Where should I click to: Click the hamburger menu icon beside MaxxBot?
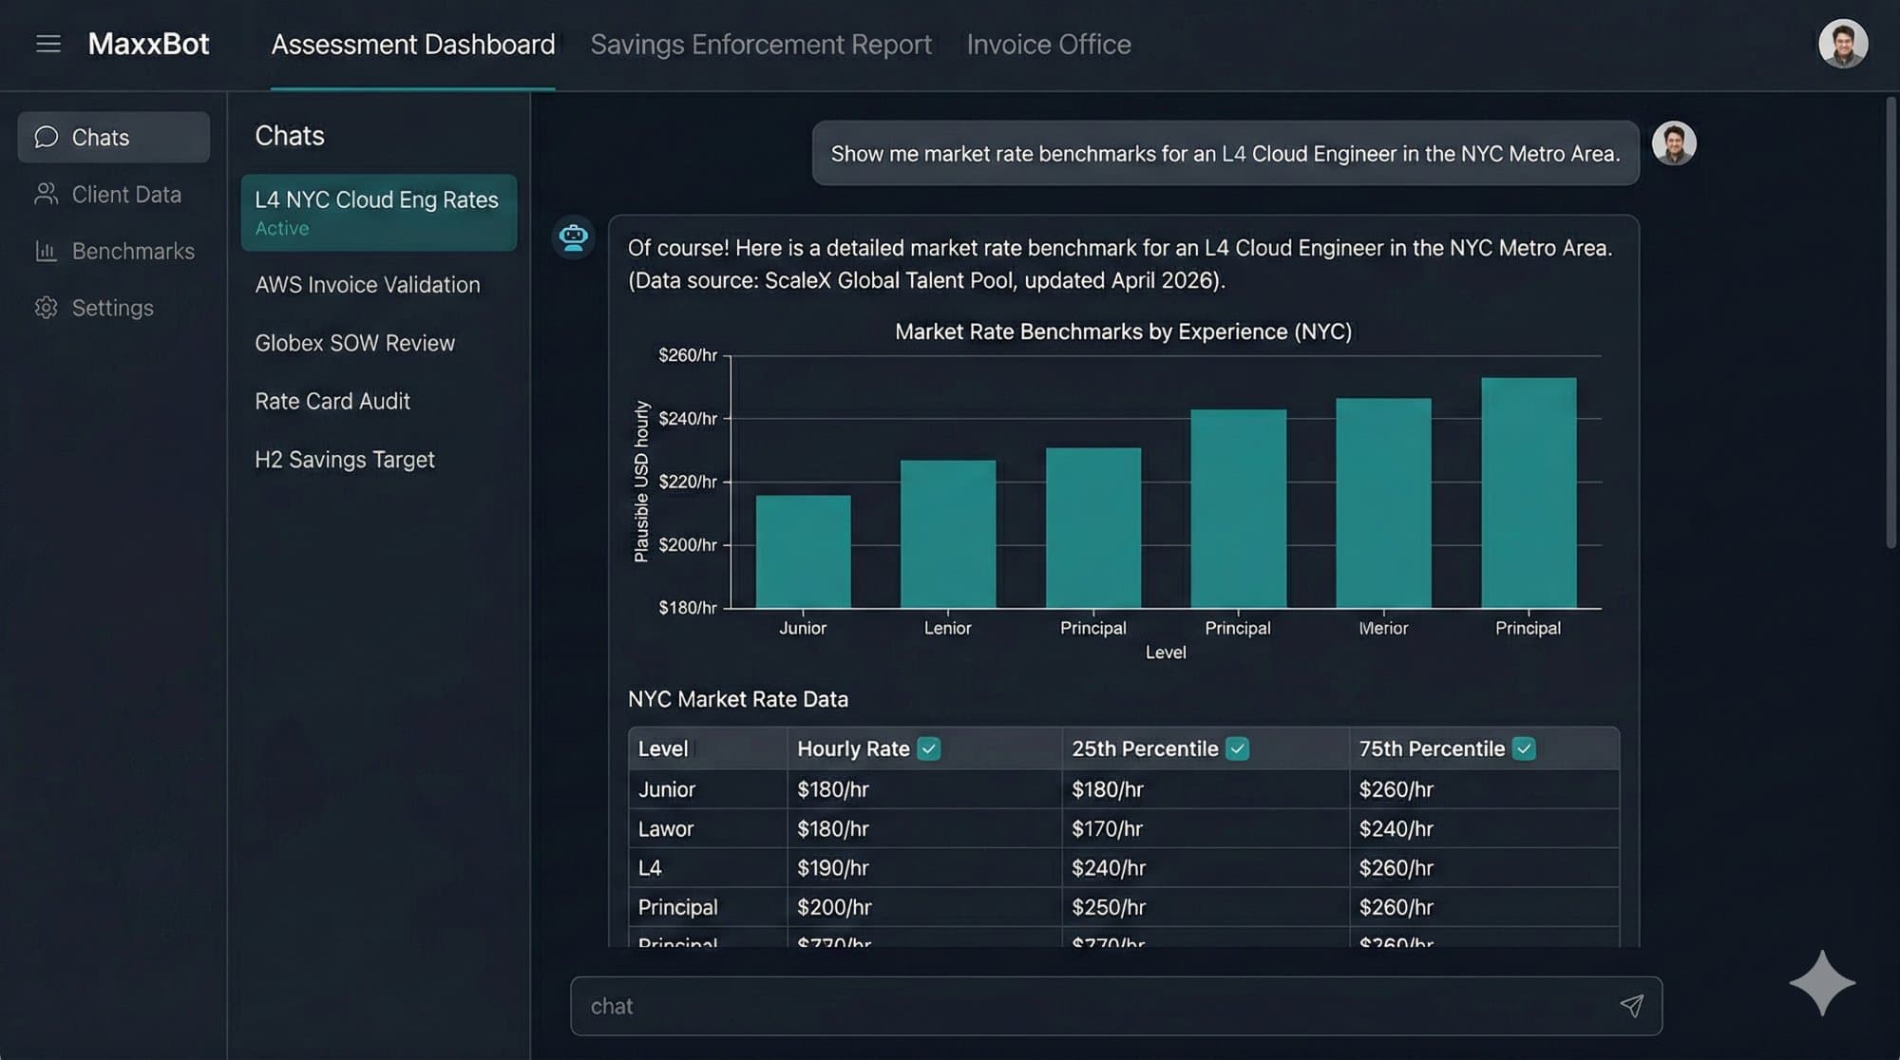(x=47, y=44)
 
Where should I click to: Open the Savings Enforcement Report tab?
(x=760, y=45)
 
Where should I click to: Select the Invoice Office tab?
(x=1048, y=45)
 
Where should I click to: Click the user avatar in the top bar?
(x=1842, y=44)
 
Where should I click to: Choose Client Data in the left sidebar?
(x=125, y=195)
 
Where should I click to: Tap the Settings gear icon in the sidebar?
(x=46, y=308)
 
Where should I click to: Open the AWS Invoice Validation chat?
(x=367, y=285)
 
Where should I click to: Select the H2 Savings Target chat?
(x=344, y=460)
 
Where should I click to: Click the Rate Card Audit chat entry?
(x=332, y=401)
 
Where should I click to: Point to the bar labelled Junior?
(x=803, y=551)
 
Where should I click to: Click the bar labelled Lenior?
(x=947, y=534)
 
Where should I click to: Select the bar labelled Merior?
(x=1382, y=503)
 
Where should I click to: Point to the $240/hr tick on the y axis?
(x=688, y=419)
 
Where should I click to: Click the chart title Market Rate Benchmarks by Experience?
(x=1122, y=331)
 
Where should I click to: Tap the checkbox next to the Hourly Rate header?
(x=929, y=748)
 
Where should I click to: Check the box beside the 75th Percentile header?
(x=1524, y=748)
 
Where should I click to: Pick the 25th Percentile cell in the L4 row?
(x=1108, y=868)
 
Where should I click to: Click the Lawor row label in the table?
(x=665, y=829)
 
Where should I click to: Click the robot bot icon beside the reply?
(x=573, y=237)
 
